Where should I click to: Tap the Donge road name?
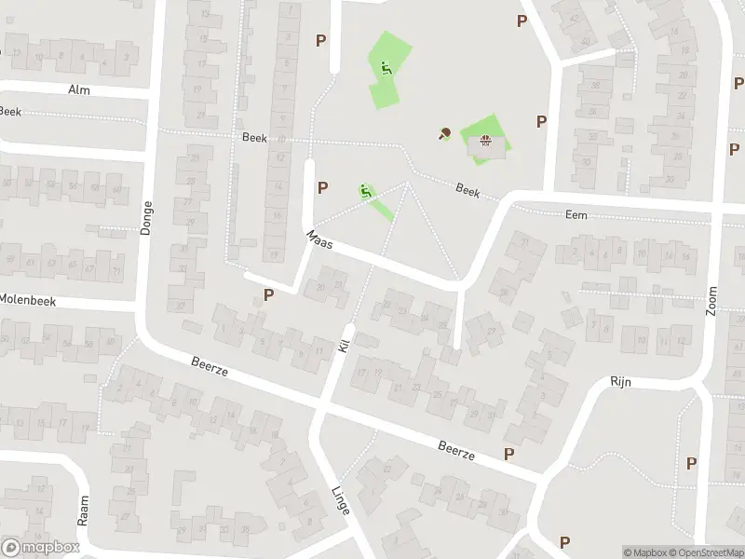[x=146, y=217]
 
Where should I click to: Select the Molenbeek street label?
[x=29, y=300]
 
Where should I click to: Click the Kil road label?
[x=343, y=346]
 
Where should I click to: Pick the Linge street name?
[x=341, y=500]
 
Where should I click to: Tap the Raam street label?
[x=83, y=511]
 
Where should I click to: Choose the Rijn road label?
[x=621, y=382]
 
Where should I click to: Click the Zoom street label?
[x=711, y=301]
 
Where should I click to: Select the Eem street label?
[x=576, y=214]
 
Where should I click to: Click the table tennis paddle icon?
[x=444, y=133]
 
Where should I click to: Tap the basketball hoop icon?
[x=484, y=142]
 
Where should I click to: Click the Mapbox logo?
[x=38, y=548]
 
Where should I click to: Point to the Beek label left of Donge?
[x=10, y=111]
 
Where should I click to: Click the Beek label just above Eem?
[x=467, y=189]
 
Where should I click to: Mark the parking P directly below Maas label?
[x=269, y=294]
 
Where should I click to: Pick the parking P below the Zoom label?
[x=691, y=463]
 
